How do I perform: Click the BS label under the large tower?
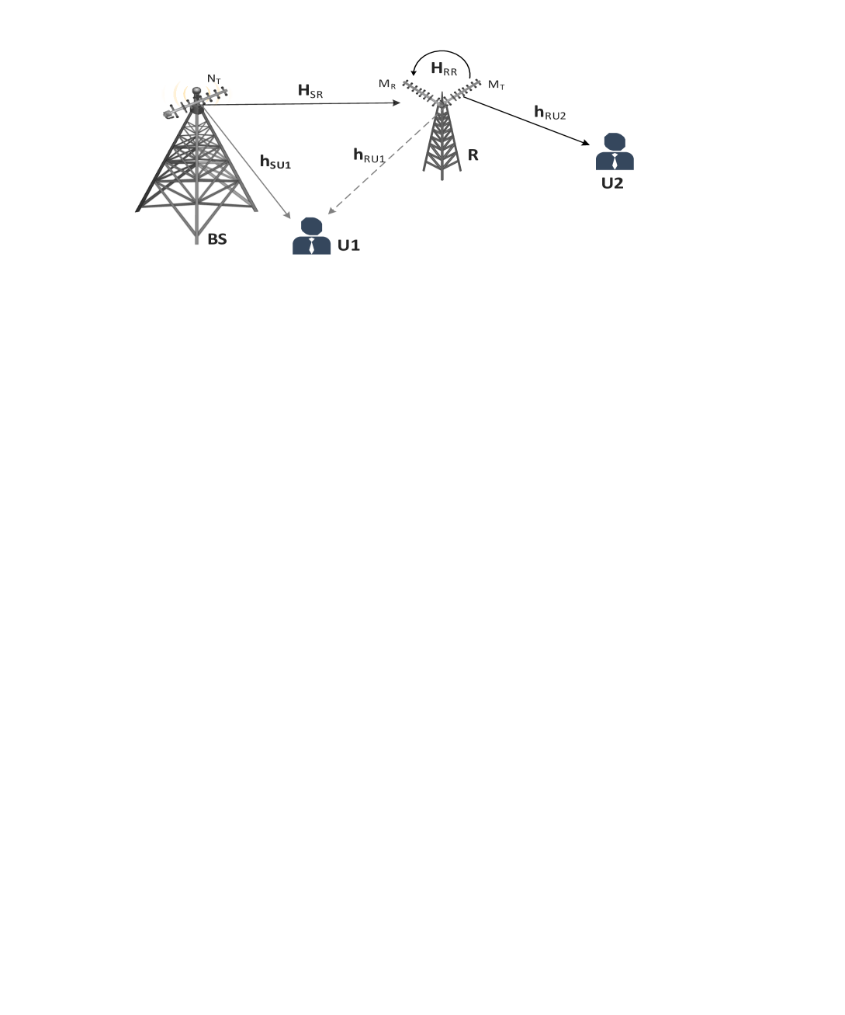coord(216,239)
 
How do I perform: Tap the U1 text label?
coord(348,245)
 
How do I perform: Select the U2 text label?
coord(612,183)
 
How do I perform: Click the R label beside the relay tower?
coord(473,155)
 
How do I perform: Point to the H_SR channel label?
coord(310,92)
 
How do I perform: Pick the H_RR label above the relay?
coord(444,69)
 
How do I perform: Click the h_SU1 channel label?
coord(275,162)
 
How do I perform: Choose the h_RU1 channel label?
coord(369,155)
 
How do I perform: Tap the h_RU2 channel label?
coord(549,113)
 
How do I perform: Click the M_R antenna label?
coord(387,85)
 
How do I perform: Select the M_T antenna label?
coord(497,85)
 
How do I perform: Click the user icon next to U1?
coord(311,236)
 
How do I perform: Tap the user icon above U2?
coord(615,152)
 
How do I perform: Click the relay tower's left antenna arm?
coord(422,92)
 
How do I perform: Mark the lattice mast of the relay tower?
coord(442,144)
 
